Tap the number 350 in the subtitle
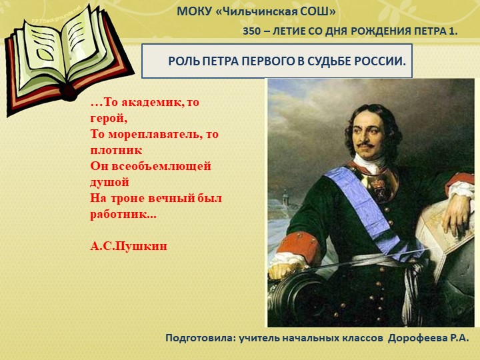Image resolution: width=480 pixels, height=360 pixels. click(252, 31)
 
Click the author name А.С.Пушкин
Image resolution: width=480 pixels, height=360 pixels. click(129, 246)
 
